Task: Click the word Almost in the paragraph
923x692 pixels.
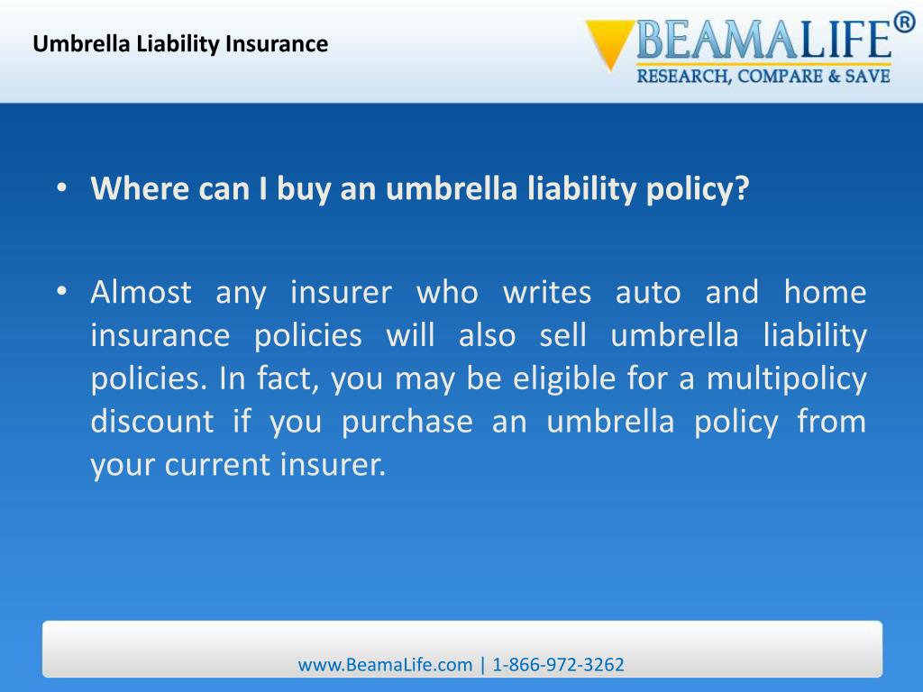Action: point(141,292)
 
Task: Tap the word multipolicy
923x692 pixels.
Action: point(786,378)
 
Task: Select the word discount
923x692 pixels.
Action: point(152,422)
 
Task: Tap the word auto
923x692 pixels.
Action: point(648,292)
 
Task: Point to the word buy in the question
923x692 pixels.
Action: point(306,190)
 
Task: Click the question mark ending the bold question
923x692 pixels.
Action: point(742,189)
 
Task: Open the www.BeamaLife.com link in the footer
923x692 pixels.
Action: point(385,665)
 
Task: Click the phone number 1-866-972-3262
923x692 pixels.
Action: point(559,665)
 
